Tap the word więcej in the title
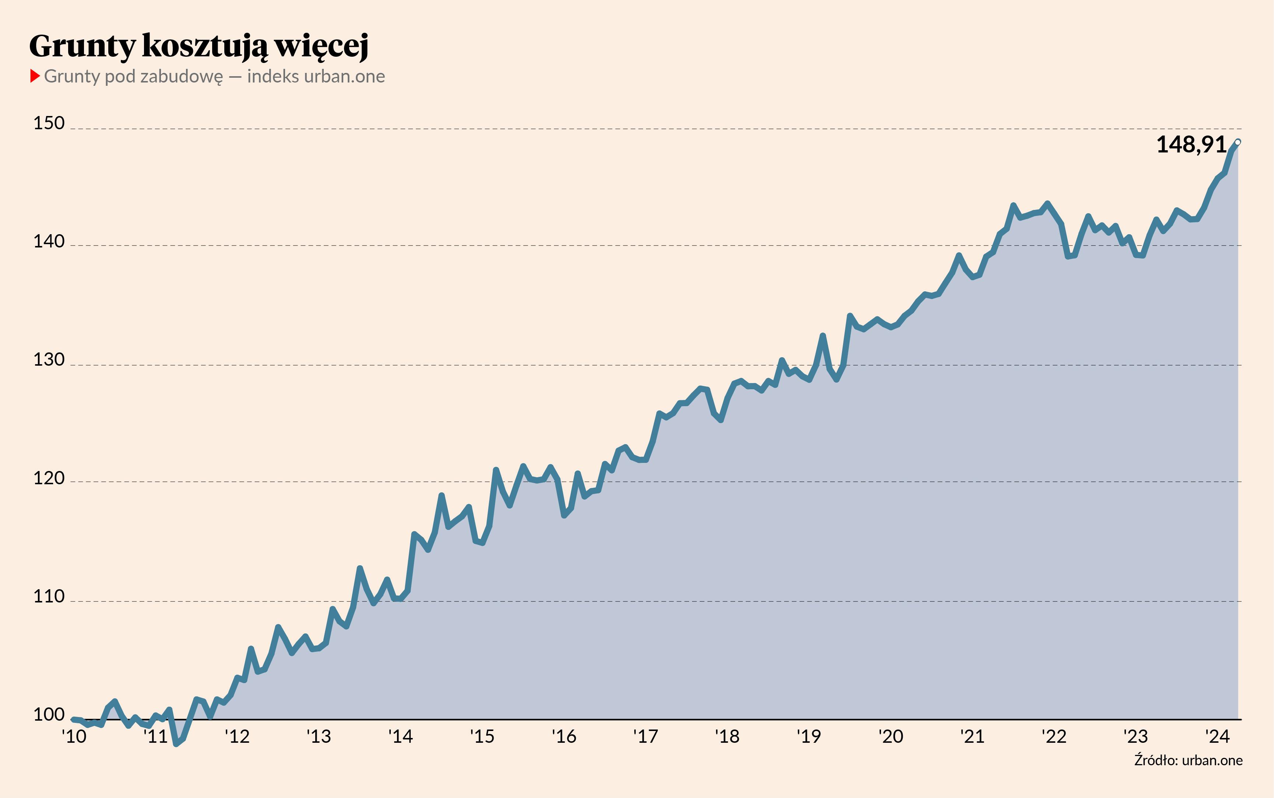(x=322, y=46)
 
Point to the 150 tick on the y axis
(x=49, y=123)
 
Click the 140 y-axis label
(x=49, y=241)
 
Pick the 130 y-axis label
(x=49, y=360)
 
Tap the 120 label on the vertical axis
(x=49, y=478)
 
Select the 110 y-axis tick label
(x=49, y=597)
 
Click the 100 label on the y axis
(x=49, y=715)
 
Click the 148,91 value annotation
(x=1191, y=145)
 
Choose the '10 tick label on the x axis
(x=74, y=736)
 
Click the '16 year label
(x=564, y=736)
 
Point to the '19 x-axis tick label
(x=809, y=736)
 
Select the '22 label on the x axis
(x=1054, y=736)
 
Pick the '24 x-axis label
(x=1218, y=736)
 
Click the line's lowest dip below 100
(x=176, y=743)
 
